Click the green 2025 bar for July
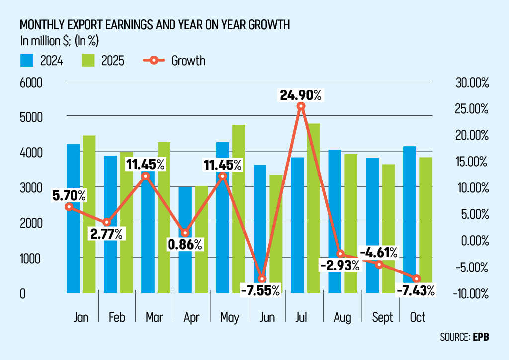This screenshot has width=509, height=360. (x=313, y=209)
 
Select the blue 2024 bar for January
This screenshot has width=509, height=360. (x=73, y=219)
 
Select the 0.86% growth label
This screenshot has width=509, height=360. (x=184, y=244)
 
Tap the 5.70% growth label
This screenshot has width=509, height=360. (x=69, y=196)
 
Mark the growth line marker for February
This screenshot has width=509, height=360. (x=106, y=222)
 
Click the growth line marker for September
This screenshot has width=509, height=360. (x=379, y=264)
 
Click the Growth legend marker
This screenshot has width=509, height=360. (x=154, y=61)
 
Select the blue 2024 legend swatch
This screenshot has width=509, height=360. (x=27, y=61)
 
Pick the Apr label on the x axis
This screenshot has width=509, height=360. (x=192, y=317)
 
